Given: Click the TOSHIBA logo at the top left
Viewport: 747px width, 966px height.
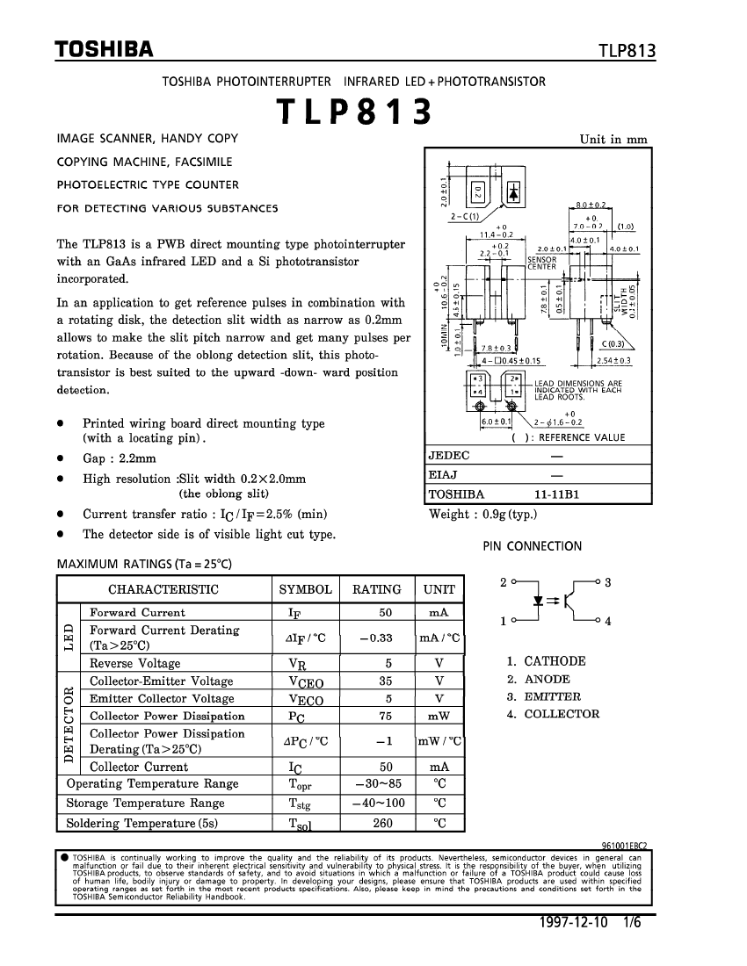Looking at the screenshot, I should [105, 49].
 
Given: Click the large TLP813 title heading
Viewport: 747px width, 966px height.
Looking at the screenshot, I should [354, 113].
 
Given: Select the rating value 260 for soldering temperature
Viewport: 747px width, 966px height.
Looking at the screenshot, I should [382, 823].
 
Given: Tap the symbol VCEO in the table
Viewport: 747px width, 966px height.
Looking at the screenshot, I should [305, 681].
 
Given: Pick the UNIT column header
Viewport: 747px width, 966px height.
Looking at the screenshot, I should [439, 589].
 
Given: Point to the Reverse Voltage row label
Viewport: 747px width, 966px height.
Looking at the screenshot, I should [134, 664].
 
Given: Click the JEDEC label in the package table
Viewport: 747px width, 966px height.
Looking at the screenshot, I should [449, 456].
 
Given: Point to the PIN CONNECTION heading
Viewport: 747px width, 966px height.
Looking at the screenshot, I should [533, 546].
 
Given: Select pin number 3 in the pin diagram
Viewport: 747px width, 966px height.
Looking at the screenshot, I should [608, 582].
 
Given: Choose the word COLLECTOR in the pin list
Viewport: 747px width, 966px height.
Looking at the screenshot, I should [562, 714].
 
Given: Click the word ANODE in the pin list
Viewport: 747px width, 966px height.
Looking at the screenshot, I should [547, 679].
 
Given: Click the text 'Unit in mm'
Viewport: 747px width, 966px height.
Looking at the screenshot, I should [613, 139].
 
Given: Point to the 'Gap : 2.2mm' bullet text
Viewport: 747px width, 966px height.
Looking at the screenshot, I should [120, 458].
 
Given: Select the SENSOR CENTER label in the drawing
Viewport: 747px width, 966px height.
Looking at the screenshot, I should [541, 263].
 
